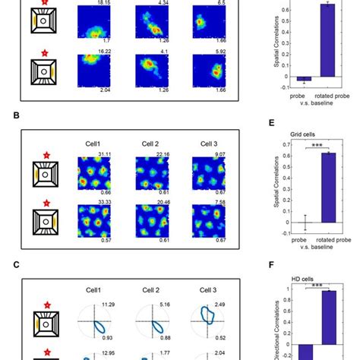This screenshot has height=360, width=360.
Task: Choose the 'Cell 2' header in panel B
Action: [x=150, y=144]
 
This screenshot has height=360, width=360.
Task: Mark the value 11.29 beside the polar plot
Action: [x=108, y=305]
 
